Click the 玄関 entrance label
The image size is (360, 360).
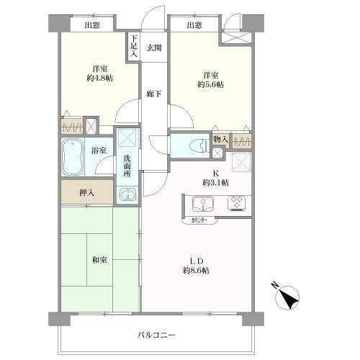(154, 48)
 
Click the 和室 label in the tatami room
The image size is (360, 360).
(100, 259)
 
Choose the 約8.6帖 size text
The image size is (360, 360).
(195, 270)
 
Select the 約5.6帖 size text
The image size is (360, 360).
(210, 84)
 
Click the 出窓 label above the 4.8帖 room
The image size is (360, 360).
(92, 26)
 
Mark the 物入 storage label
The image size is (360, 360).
(221, 139)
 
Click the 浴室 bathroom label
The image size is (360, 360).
(99, 150)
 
